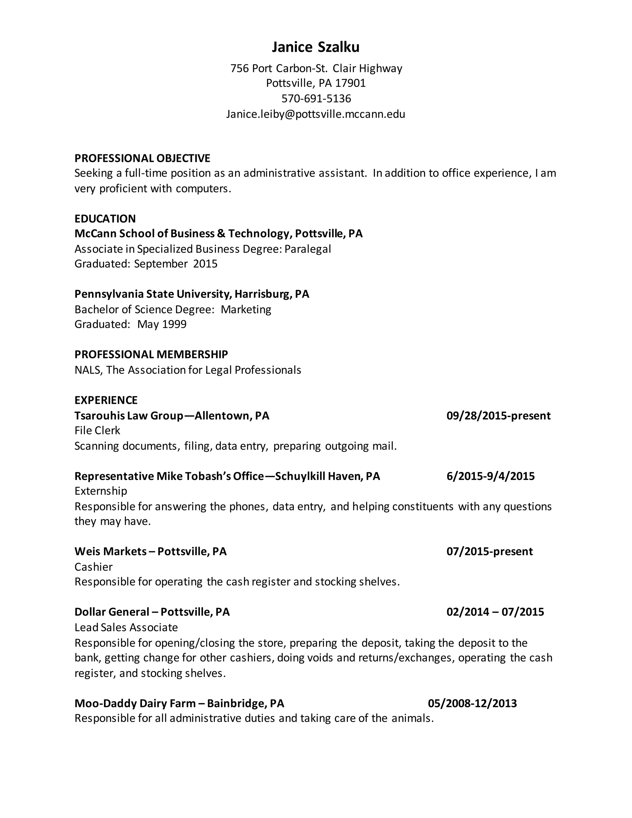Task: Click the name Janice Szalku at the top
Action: pyautogui.click(x=315, y=47)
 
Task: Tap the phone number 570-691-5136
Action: pyautogui.click(x=316, y=98)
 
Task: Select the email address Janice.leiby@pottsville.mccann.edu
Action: pyautogui.click(x=315, y=114)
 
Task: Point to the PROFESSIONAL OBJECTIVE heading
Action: pyautogui.click(x=142, y=158)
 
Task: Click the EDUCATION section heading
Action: pyautogui.click(x=105, y=218)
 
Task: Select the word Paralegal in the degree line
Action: pyautogui.click(x=307, y=249)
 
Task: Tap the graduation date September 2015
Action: pyautogui.click(x=176, y=264)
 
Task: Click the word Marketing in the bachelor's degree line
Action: pyautogui.click(x=246, y=309)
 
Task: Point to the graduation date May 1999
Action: pyautogui.click(x=162, y=324)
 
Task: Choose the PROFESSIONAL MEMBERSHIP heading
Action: pyautogui.click(x=151, y=354)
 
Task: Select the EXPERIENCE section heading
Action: pyautogui.click(x=106, y=400)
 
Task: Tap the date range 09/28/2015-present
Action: pyautogui.click(x=498, y=416)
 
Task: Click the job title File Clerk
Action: pyautogui.click(x=97, y=431)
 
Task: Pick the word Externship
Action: pyautogui.click(x=101, y=491)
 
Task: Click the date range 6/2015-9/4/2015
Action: pyautogui.click(x=490, y=476)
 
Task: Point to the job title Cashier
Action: pyautogui.click(x=93, y=567)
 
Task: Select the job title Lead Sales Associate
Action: pyautogui.click(x=126, y=627)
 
